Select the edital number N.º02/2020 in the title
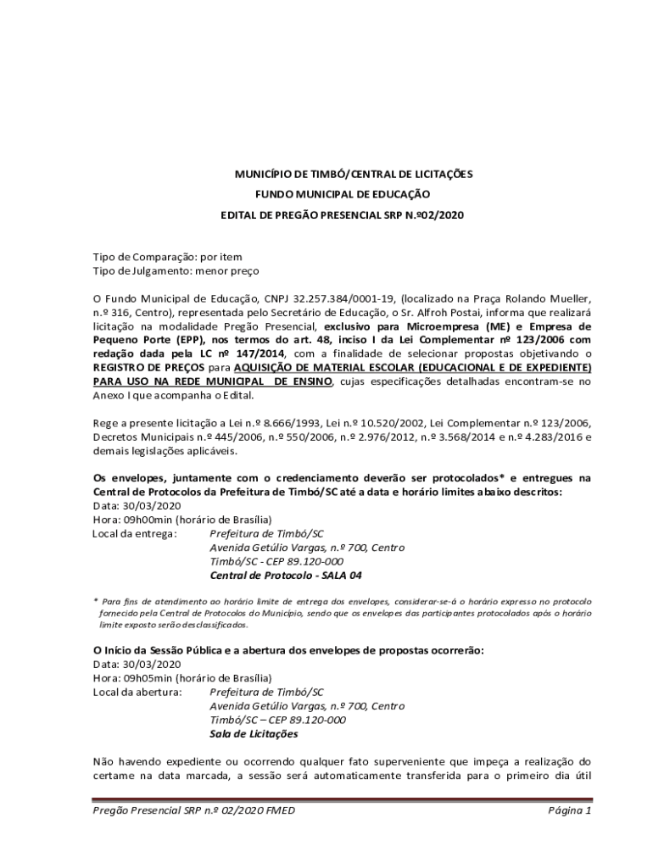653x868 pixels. tap(438, 215)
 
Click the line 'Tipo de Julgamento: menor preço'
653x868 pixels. tap(176, 270)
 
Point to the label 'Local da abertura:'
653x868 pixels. tap(137, 693)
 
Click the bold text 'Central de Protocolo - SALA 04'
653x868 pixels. tap(286, 576)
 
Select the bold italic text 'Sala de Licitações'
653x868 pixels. tap(254, 734)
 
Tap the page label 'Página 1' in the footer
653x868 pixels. tap(569, 811)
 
